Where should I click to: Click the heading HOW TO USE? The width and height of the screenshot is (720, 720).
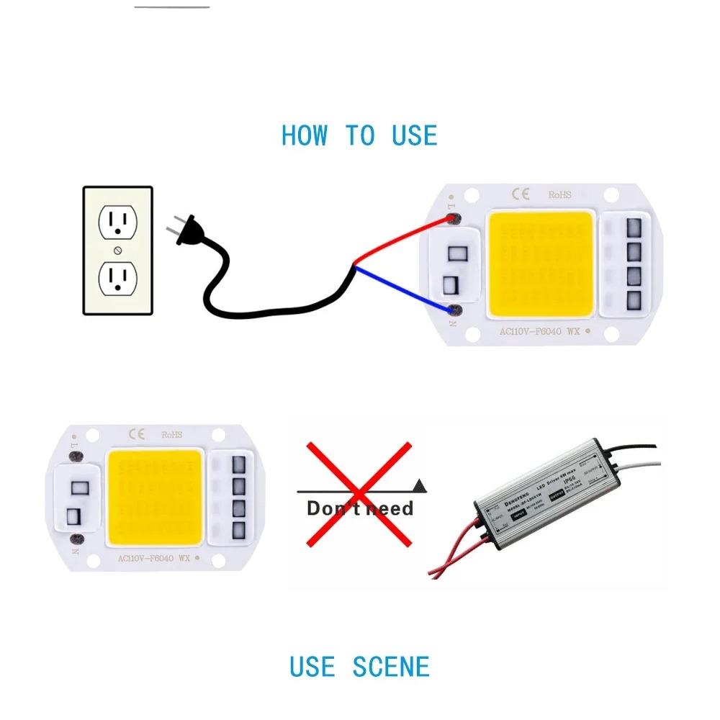pos(359,135)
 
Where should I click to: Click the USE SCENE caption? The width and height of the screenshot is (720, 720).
pos(359,666)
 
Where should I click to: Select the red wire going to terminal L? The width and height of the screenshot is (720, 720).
pos(403,241)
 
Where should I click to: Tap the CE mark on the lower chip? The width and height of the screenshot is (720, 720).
pos(136,433)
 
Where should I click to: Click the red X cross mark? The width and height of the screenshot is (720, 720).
pos(360,495)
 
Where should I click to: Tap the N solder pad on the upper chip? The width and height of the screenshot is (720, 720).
pos(455,311)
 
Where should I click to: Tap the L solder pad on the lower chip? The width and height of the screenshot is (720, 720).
pos(80,456)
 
